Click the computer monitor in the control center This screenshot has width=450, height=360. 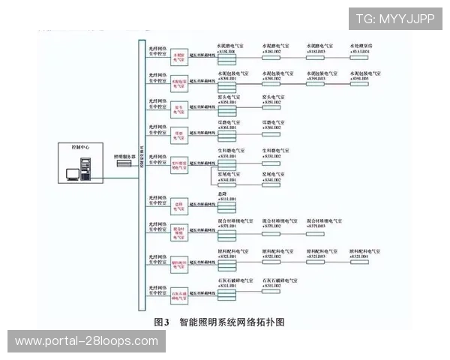pos(73,174)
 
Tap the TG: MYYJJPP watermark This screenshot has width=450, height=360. pos(394,19)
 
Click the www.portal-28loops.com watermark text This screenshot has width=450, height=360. pos(86,341)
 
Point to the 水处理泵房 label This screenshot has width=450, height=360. pos(366,46)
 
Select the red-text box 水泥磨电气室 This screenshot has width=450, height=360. pos(179,56)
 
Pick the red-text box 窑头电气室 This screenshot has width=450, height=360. pos(179,109)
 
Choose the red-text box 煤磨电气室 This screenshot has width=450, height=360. pos(179,134)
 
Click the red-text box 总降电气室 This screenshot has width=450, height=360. pos(179,205)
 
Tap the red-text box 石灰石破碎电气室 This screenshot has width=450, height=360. pos(179,292)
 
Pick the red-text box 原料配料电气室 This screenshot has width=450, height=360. pos(179,262)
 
